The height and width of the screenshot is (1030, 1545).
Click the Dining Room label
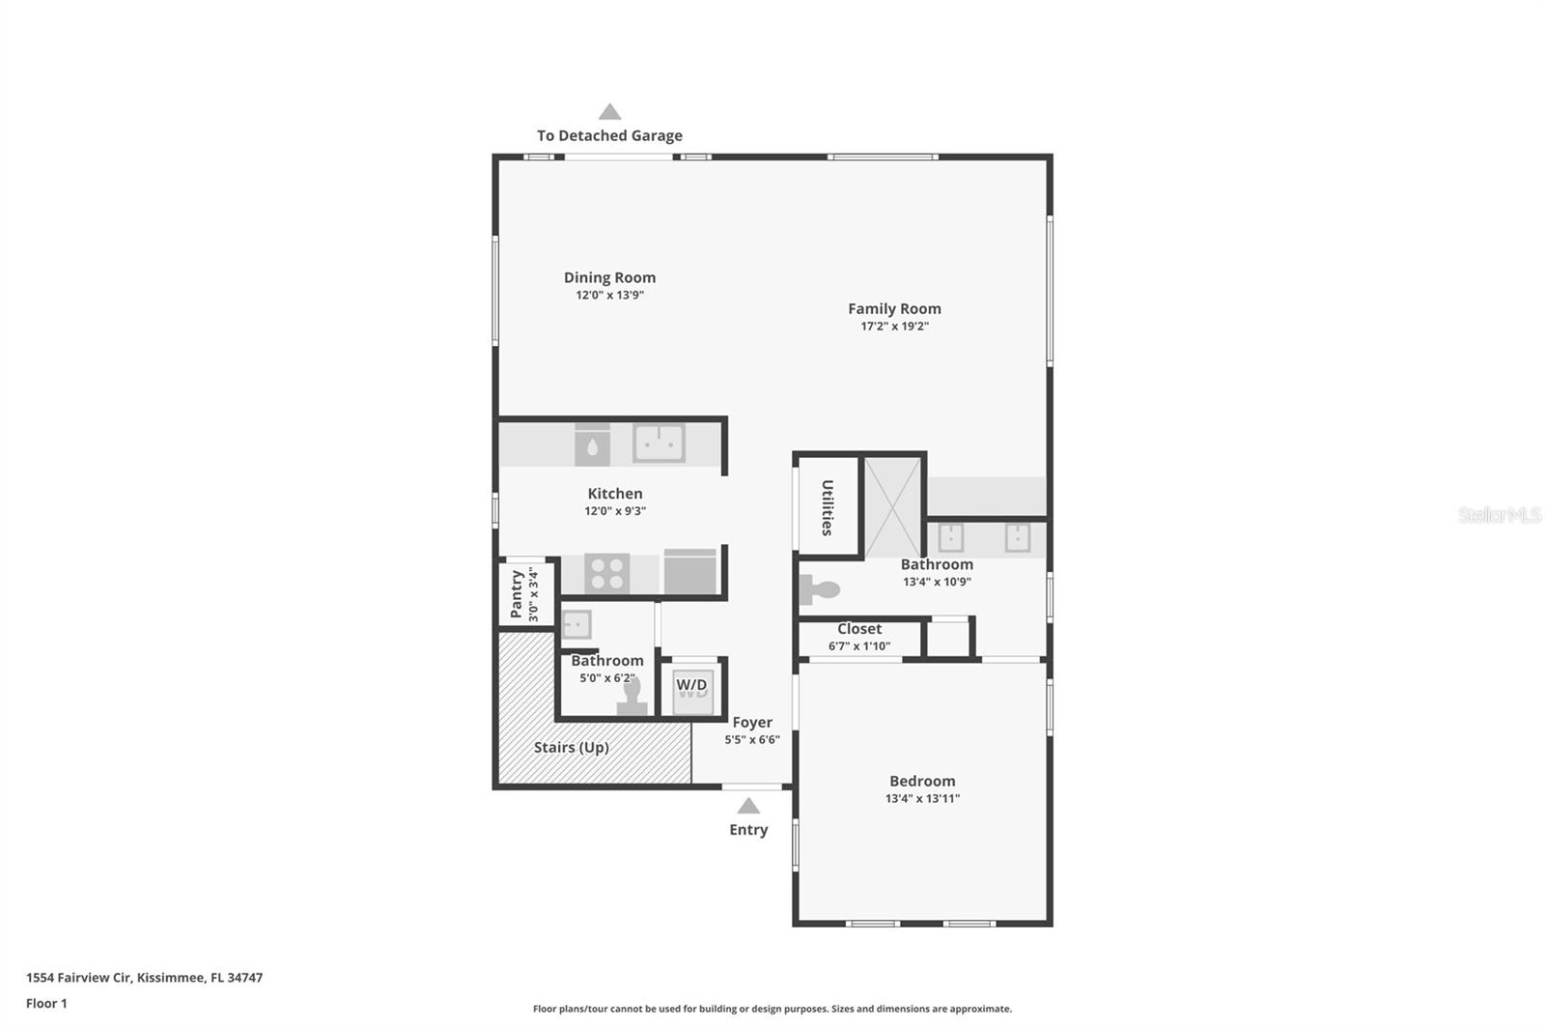(x=609, y=277)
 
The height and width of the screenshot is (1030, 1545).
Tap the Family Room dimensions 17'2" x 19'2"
(x=894, y=326)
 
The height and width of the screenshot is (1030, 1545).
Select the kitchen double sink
(x=659, y=443)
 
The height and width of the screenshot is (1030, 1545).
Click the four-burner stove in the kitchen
(x=607, y=573)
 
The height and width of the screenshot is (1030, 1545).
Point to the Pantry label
(x=517, y=593)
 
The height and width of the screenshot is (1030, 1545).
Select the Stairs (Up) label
(x=571, y=748)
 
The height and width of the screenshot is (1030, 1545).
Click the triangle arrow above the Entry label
(x=748, y=807)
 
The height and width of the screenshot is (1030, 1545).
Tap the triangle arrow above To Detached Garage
(x=609, y=112)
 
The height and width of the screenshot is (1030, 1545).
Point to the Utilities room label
(x=828, y=507)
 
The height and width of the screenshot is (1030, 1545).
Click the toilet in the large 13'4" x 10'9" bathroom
(x=820, y=590)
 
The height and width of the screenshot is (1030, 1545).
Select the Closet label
(x=859, y=629)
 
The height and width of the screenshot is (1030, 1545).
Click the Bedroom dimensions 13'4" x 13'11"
(x=923, y=799)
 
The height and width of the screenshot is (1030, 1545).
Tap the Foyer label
(x=752, y=722)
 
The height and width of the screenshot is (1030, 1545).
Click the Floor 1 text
(x=46, y=1003)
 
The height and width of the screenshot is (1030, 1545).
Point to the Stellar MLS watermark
(x=1499, y=514)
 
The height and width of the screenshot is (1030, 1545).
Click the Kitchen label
(x=615, y=494)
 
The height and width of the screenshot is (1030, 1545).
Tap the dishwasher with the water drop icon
(x=593, y=444)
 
